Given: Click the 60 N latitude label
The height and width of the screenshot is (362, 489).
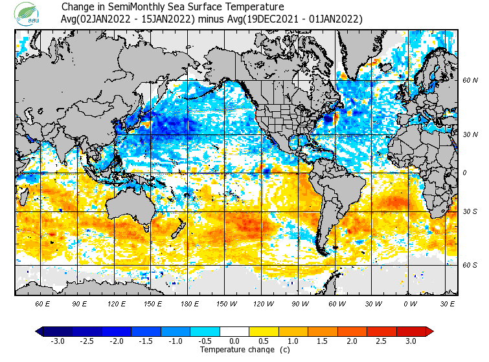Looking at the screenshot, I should (x=470, y=81).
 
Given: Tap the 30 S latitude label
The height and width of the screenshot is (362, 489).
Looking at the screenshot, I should (x=470, y=212).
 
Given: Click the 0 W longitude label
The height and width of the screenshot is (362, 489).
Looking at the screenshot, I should (x=410, y=303).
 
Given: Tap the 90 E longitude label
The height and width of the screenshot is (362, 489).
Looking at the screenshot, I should (x=80, y=303).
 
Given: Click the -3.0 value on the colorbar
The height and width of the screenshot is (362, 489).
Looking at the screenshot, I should (x=58, y=341).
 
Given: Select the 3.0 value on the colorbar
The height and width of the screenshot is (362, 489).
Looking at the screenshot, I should (x=411, y=341).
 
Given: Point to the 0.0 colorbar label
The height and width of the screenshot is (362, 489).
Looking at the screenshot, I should (x=234, y=341).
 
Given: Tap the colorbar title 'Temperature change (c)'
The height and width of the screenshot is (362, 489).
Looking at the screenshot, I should (x=235, y=350).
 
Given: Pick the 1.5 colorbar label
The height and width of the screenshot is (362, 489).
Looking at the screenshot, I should (x=323, y=341).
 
